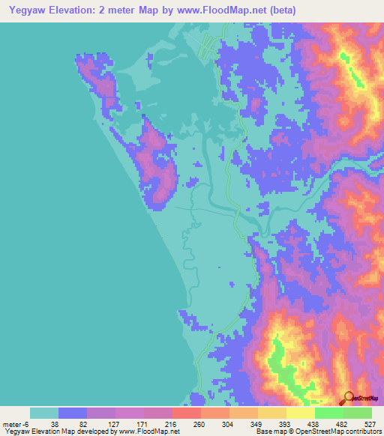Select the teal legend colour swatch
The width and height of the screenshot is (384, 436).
tap(44, 413)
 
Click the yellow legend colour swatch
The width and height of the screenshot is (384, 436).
tap(301, 413)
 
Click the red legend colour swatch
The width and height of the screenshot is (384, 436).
tap(187, 413)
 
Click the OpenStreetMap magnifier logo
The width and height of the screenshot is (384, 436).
tap(347, 397)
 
